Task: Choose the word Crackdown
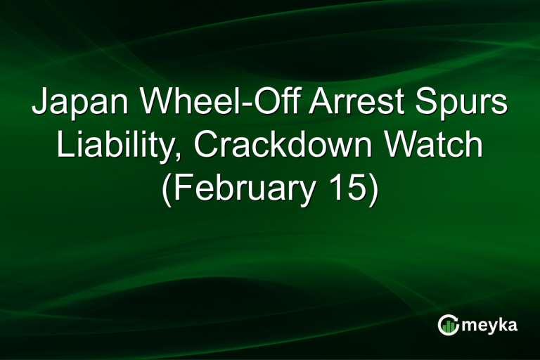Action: [x=284, y=146]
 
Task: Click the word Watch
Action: [x=433, y=146]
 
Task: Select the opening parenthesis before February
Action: [x=167, y=189]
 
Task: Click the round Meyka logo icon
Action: [x=447, y=324]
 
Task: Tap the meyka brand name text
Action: [x=489, y=325]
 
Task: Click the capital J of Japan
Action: [x=39, y=103]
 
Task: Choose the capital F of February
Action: [x=183, y=188]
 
